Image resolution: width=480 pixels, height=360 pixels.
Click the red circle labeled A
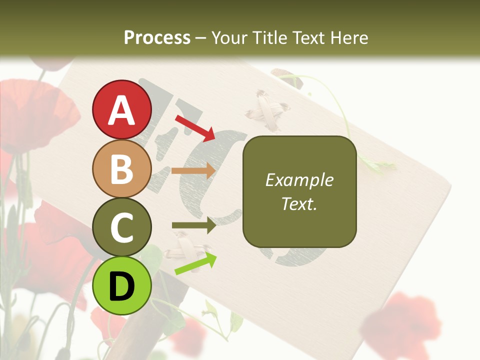(122, 109)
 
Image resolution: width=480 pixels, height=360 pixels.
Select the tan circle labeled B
(122, 168)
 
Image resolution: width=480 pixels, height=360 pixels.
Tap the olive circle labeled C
(122, 227)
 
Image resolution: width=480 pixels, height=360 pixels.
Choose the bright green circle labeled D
(122, 285)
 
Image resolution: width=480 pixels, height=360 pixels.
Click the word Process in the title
(157, 37)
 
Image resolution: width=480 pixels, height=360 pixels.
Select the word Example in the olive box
(299, 180)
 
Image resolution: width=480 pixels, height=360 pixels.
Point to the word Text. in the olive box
(299, 203)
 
